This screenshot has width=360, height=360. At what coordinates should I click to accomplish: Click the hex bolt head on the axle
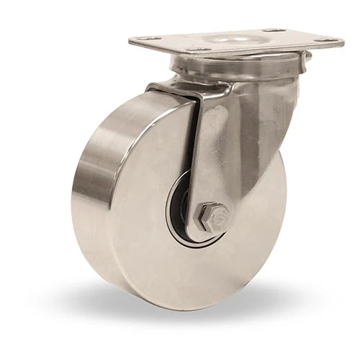coord(213,216)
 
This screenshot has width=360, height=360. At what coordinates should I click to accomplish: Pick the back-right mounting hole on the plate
coord(274,30)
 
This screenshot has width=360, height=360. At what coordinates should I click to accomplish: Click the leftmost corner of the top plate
coord(130,39)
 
